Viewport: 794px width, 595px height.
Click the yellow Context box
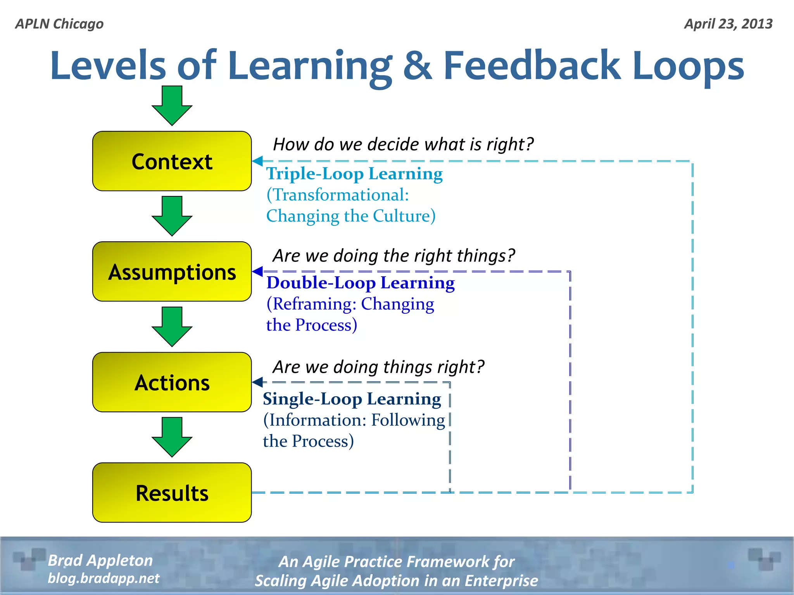pos(172,161)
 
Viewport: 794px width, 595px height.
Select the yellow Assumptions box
pos(172,272)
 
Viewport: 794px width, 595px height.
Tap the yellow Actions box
pos(172,382)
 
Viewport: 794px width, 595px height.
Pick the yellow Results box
pos(172,492)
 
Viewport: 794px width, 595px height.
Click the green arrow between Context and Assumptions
pos(172,215)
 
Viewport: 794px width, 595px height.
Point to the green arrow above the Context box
pos(172,105)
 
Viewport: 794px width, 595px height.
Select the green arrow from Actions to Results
pos(172,437)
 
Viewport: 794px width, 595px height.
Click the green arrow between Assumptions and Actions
pos(172,326)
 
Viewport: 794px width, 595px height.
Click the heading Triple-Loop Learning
pos(354,174)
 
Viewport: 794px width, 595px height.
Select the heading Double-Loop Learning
pos(360,283)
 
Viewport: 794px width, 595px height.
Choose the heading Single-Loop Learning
pos(352,399)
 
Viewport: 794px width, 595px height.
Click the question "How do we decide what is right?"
pos(403,144)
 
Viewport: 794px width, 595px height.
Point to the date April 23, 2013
pos(728,24)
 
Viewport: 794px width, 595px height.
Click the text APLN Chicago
pos(59,24)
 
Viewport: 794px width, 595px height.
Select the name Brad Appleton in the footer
pos(100,561)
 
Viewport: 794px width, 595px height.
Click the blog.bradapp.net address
pos(103,578)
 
